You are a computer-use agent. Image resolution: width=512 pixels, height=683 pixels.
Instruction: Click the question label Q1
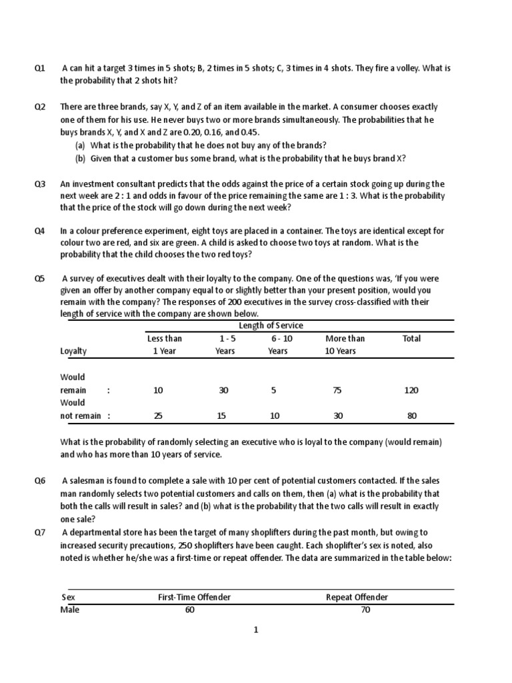[39, 68]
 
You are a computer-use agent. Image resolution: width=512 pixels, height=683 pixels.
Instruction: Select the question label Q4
[39, 231]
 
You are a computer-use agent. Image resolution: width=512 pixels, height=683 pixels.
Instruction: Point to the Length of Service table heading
[271, 325]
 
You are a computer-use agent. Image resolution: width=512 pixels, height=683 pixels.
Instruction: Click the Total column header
[411, 338]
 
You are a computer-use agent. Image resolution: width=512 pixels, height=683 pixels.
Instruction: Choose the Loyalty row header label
[73, 351]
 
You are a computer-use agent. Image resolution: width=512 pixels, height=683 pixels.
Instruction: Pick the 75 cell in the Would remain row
[337, 390]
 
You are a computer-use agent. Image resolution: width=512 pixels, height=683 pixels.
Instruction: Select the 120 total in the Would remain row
[411, 390]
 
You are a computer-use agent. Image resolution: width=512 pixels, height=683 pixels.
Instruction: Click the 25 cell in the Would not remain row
[158, 416]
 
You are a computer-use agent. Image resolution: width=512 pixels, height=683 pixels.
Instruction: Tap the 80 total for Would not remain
[411, 416]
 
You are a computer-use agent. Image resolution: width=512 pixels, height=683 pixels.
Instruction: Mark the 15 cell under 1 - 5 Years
[225, 416]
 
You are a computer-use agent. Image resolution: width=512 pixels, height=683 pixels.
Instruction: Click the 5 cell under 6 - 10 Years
[273, 390]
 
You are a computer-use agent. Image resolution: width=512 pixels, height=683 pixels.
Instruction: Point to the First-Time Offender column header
[194, 597]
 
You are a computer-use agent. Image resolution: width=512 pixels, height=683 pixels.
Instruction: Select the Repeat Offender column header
[357, 597]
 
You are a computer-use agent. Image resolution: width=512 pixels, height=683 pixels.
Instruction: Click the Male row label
[70, 610]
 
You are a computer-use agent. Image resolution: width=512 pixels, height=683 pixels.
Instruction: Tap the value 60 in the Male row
[190, 610]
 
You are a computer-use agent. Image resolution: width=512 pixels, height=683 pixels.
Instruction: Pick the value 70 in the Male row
[365, 610]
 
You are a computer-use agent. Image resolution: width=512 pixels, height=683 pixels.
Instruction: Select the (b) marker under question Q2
[80, 158]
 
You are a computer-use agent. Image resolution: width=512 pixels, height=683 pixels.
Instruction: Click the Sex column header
[68, 597]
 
